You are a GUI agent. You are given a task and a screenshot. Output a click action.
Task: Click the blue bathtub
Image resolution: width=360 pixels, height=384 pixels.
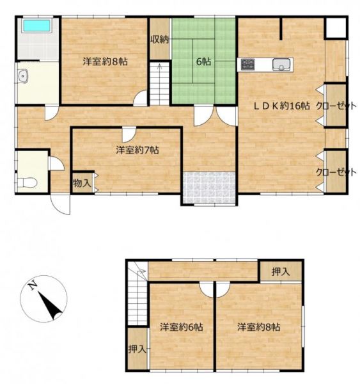pyautogui.click(x=36, y=26)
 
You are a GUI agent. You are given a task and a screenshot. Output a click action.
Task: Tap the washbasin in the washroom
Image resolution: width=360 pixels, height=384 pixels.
pyautogui.click(x=22, y=76)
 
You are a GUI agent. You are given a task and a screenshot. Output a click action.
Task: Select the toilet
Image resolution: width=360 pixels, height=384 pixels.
pyautogui.click(x=27, y=182)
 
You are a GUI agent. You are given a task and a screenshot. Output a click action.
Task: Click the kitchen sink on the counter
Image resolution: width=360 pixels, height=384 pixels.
pyautogui.click(x=281, y=65)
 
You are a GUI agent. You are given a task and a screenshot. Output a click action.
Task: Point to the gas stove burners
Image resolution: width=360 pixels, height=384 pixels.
pyautogui.click(x=247, y=64)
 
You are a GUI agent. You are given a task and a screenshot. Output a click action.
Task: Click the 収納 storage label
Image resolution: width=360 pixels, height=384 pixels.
pyautogui.click(x=160, y=40)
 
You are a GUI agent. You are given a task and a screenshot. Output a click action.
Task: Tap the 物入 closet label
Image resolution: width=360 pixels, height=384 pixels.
pyautogui.click(x=82, y=183)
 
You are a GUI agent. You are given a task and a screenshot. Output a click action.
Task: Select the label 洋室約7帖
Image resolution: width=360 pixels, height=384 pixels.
pyautogui.click(x=137, y=150)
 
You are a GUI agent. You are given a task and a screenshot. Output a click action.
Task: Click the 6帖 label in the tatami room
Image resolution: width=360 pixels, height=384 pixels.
pyautogui.click(x=203, y=61)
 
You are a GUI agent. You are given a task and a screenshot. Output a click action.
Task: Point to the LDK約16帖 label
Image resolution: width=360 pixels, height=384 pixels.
pyautogui.click(x=281, y=106)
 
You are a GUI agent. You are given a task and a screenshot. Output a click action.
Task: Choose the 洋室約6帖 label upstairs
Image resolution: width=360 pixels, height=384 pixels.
pyautogui.click(x=182, y=327)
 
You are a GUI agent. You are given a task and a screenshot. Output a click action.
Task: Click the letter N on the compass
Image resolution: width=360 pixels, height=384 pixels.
pyautogui.click(x=33, y=285)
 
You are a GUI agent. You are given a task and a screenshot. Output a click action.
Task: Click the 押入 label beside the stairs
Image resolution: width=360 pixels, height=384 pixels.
pyautogui.click(x=137, y=349)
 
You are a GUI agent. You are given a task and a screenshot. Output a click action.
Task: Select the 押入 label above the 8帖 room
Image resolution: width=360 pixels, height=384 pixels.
pyautogui.click(x=281, y=271)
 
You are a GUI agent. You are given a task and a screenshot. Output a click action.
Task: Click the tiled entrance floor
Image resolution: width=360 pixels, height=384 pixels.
pyautogui.click(x=210, y=188)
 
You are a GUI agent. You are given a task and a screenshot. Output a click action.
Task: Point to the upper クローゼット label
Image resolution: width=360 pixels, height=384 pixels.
pyautogui.click(x=336, y=106)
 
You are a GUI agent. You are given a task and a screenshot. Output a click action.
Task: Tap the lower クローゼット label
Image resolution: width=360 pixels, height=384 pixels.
pyautogui.click(x=336, y=172)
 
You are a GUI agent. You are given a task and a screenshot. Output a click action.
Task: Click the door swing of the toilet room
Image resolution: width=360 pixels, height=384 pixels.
pyautogui.click(x=57, y=163)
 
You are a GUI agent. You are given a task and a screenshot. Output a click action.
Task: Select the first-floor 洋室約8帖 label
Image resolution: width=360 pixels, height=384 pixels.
pyautogui.click(x=106, y=61)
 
